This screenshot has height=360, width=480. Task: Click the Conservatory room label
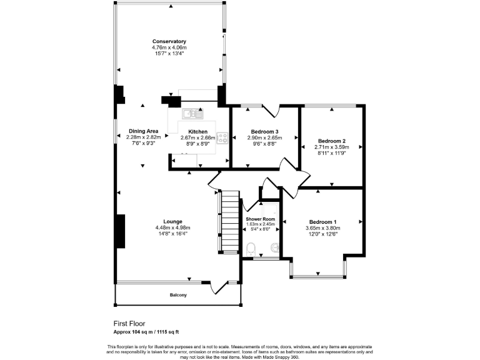(x=169, y=42)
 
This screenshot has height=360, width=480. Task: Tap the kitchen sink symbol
(x=193, y=114)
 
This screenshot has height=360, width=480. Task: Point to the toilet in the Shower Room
(x=251, y=249)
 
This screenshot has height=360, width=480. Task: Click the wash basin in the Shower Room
(x=272, y=249)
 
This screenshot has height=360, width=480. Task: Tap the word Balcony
(x=178, y=295)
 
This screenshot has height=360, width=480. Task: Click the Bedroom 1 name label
(x=322, y=222)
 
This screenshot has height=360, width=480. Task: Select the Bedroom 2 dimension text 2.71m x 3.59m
(x=331, y=147)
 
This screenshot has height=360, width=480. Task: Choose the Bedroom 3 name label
(x=264, y=132)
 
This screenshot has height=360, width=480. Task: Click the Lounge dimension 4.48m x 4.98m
(x=172, y=227)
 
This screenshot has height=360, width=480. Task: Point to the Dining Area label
(x=143, y=131)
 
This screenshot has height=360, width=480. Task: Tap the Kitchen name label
(x=197, y=132)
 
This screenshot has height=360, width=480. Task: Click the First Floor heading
(x=129, y=324)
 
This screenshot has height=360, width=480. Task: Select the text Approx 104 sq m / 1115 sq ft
(x=150, y=332)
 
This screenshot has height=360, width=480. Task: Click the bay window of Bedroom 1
(x=318, y=273)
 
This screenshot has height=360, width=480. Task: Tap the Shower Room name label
(x=260, y=219)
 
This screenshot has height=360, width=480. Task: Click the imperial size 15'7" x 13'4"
(x=169, y=54)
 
